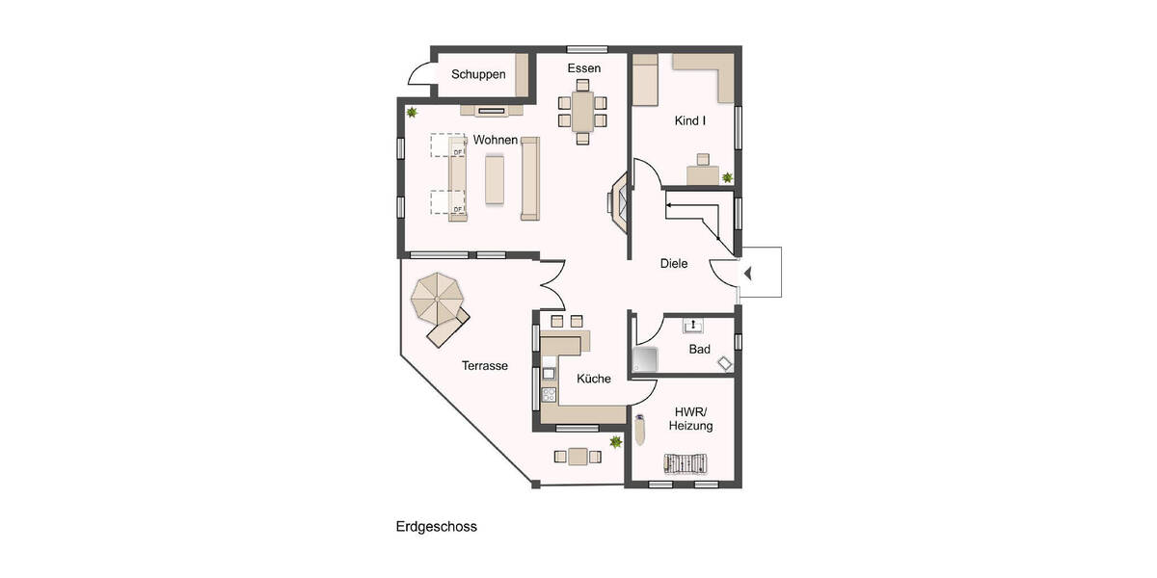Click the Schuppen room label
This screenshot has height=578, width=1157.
pos(478,75)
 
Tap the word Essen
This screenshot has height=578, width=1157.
pos(584,68)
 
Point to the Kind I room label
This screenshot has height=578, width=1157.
pos(690,121)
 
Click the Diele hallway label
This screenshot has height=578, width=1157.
pos(674,263)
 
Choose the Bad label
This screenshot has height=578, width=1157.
pos(699,349)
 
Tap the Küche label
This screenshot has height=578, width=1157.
pos(594,379)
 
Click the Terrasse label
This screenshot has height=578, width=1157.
pos(484,366)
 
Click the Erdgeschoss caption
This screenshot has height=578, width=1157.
pos(436,527)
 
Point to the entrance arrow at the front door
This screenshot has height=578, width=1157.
pos(747,275)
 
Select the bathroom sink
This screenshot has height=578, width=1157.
pos(693,326)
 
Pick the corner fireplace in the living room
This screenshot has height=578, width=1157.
pos(618,201)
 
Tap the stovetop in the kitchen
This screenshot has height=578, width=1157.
pos(549,393)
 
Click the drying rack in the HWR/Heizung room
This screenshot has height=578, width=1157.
pos(686,463)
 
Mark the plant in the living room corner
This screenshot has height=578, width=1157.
pos(413,113)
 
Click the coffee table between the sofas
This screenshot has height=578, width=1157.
pos(495,179)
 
